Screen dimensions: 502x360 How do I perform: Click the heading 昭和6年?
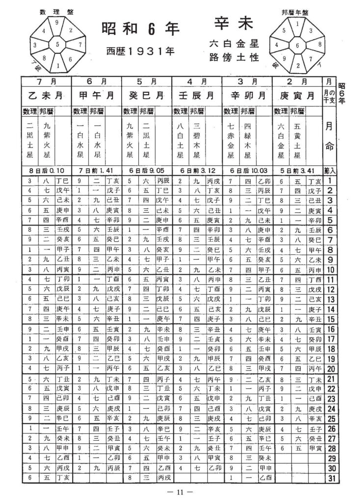click(138, 29)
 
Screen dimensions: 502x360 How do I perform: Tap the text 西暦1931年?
click(138, 50)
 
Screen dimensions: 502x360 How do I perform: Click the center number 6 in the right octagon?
click(297, 47)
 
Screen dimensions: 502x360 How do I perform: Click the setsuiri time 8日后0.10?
click(46, 171)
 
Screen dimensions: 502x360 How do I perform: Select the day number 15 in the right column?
click(330, 319)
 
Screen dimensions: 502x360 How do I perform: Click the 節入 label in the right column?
click(330, 171)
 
